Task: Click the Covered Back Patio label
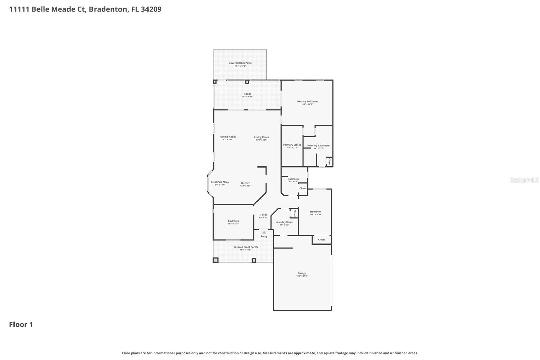pyautogui.click(x=240, y=63)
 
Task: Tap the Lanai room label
pyautogui.click(x=247, y=94)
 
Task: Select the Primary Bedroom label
pyautogui.click(x=307, y=101)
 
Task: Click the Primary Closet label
pyautogui.click(x=292, y=145)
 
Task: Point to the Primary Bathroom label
pyautogui.click(x=318, y=146)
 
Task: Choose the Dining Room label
pyautogui.click(x=228, y=137)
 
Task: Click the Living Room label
pyautogui.click(x=262, y=137)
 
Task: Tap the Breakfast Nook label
pyautogui.click(x=220, y=182)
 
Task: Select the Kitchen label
pyautogui.click(x=246, y=183)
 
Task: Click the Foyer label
pyautogui.click(x=264, y=215)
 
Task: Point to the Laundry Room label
pyautogui.click(x=284, y=222)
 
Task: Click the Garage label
pyautogui.click(x=302, y=273)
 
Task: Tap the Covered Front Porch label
pyautogui.click(x=245, y=247)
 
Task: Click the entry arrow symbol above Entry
pyautogui.click(x=264, y=232)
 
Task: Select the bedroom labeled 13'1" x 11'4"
pyautogui.click(x=233, y=221)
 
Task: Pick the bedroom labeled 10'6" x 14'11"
pyautogui.click(x=316, y=212)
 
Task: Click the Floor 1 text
pyautogui.click(x=21, y=325)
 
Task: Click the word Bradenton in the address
pyautogui.click(x=108, y=9)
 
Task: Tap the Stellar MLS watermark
pyautogui.click(x=524, y=180)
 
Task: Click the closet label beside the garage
pyautogui.click(x=322, y=240)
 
